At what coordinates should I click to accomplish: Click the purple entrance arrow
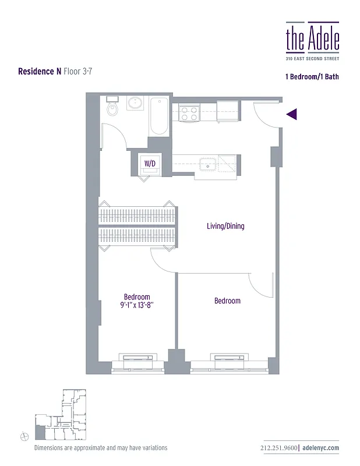[x=292, y=114]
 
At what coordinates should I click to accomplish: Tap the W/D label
[x=150, y=164]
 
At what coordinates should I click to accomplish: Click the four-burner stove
[x=189, y=112]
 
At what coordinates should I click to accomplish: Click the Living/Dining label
[x=225, y=226]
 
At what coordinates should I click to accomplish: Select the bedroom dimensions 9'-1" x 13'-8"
[x=137, y=305]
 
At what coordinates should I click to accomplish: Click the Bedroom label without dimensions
[x=227, y=301]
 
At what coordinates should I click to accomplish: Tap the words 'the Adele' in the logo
[x=312, y=38]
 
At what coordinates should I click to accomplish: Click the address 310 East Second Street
[x=312, y=58]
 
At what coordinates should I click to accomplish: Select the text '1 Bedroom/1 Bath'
[x=312, y=76]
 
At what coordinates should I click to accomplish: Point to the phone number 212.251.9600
[x=280, y=448]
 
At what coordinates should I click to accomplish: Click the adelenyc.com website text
[x=321, y=448]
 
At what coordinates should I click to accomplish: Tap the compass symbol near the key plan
[x=24, y=435]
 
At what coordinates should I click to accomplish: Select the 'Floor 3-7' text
[x=78, y=72]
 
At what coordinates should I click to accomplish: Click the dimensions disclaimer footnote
[x=101, y=448]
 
